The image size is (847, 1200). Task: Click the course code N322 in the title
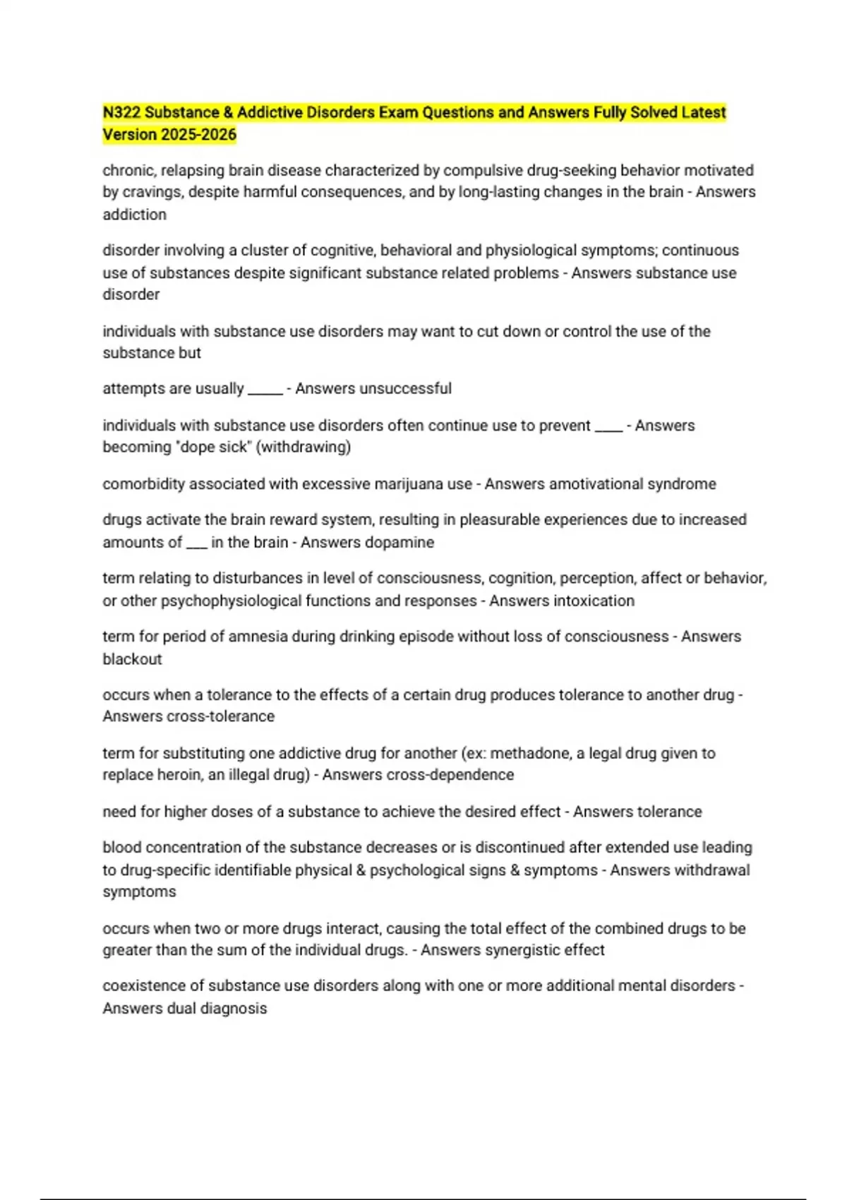coord(121,113)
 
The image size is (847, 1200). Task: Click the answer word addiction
coord(134,215)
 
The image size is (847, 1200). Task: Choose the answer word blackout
coord(132,659)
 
